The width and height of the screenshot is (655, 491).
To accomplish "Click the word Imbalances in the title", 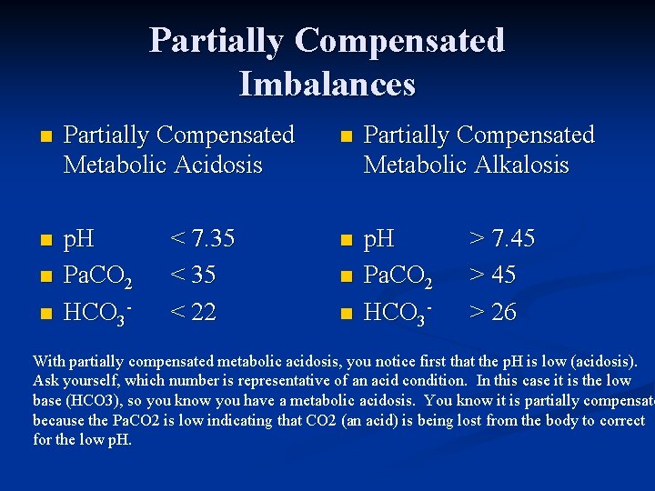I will tap(327, 84).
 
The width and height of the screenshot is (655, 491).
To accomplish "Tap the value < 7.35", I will tap(203, 239).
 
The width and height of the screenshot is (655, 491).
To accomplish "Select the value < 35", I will tap(193, 275).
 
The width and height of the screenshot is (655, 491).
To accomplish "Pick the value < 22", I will tap(193, 312).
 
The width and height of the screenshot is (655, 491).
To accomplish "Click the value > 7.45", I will tap(501, 239).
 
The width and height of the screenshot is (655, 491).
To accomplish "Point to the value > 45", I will tap(491, 275).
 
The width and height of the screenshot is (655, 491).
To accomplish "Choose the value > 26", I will tap(491, 312).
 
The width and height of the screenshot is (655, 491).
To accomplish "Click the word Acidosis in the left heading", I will tap(217, 165).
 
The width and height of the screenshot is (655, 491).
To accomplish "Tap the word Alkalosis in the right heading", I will tap(518, 165).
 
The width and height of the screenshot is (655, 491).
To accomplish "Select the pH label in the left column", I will tap(80, 240).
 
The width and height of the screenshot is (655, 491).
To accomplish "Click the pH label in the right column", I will tap(379, 240).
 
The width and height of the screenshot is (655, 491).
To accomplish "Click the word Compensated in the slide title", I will tap(399, 40).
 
